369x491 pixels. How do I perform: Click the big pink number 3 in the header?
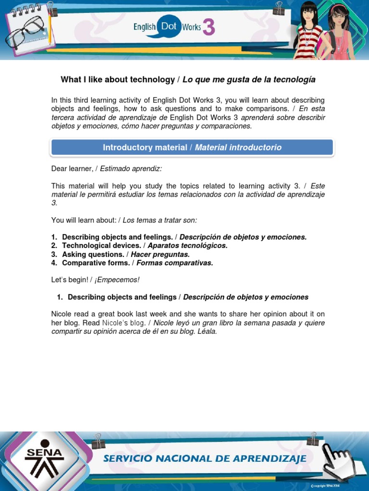tap(208, 27)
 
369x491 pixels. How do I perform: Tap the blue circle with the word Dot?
tap(168, 27)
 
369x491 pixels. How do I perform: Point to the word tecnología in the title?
tap(294, 80)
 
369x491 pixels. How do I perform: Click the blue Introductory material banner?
tap(192, 148)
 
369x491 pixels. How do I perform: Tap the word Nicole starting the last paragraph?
tap(61, 314)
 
